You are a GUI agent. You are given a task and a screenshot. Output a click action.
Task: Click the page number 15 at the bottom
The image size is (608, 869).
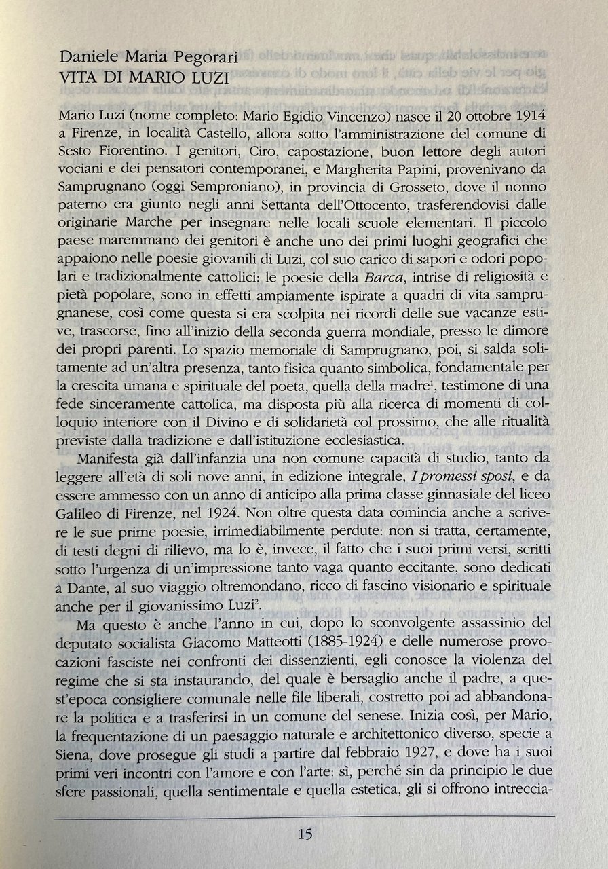click(x=304, y=834)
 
